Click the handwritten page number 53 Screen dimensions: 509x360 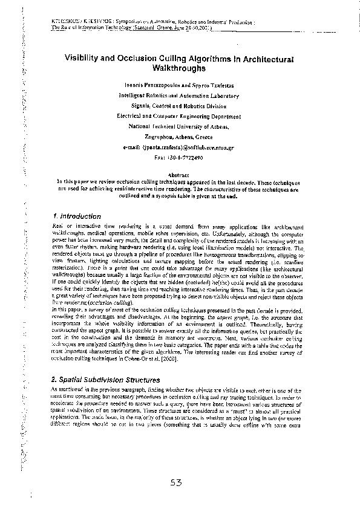tap(177, 482)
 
